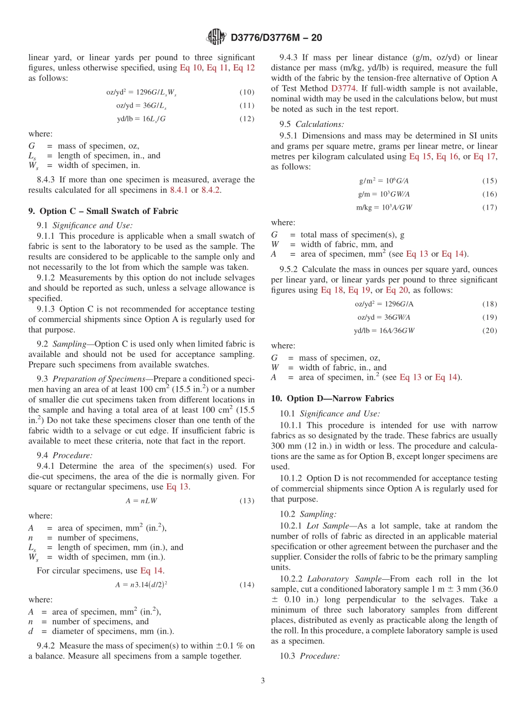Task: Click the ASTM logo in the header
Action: (216, 37)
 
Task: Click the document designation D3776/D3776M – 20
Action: (276, 38)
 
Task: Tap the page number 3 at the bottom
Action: (263, 681)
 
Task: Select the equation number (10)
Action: (247, 93)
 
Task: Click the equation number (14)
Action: (247, 585)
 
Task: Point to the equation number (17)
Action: (489, 207)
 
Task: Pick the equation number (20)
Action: (489, 330)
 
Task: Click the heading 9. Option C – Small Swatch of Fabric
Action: (103, 211)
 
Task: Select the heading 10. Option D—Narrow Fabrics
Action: (332, 399)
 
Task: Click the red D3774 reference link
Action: (344, 88)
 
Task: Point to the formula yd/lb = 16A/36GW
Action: (384, 331)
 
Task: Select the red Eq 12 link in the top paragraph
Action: (244, 68)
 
